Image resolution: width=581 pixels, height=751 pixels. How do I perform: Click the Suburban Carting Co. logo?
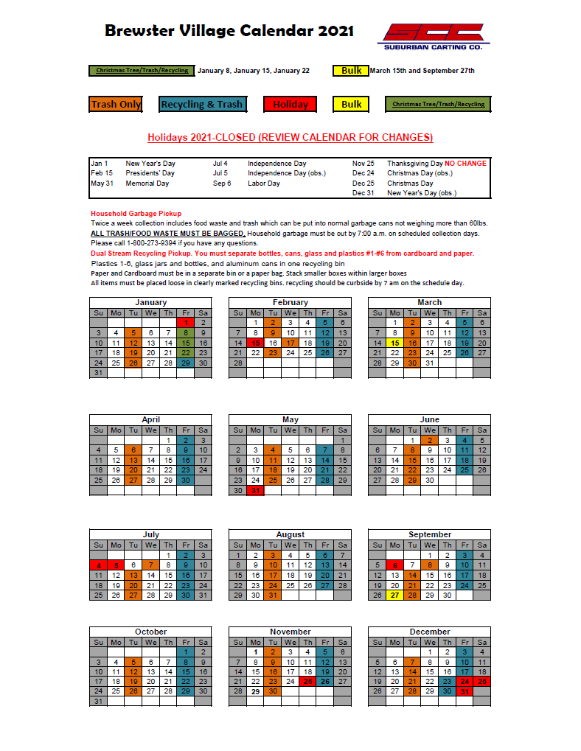(x=433, y=35)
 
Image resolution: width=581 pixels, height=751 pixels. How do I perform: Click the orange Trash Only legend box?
(x=116, y=104)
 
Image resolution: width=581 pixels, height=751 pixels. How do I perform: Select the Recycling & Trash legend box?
(x=201, y=104)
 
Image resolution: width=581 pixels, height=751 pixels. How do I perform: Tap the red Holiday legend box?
(x=290, y=104)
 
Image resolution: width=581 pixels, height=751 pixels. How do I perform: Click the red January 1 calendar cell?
(x=187, y=322)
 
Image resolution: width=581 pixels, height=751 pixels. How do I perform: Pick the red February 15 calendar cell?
(x=255, y=343)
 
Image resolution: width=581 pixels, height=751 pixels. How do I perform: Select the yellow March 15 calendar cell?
(x=394, y=343)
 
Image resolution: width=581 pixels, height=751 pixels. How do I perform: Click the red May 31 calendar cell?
(x=255, y=490)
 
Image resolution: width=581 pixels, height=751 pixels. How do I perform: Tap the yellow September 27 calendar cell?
(x=394, y=595)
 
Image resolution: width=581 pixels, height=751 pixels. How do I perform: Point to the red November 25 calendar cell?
(x=307, y=682)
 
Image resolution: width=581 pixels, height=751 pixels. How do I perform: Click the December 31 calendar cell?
(x=465, y=692)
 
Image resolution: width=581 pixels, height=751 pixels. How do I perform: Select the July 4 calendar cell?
(x=98, y=565)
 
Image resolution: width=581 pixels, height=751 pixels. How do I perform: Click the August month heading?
(x=290, y=534)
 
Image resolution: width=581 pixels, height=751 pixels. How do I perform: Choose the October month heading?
(x=151, y=632)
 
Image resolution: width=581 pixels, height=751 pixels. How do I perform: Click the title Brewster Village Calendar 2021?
(x=229, y=31)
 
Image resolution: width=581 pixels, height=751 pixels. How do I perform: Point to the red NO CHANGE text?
(x=465, y=163)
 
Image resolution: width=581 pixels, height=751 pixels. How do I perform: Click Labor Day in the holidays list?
(x=264, y=184)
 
